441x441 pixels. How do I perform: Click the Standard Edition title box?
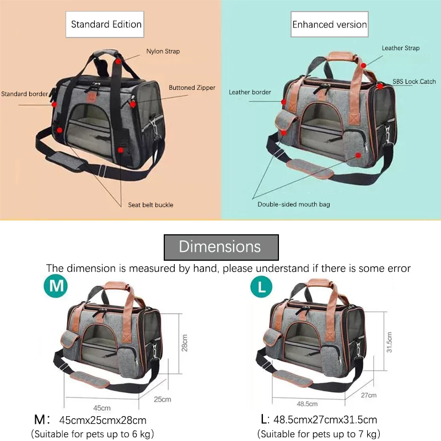point(106,24)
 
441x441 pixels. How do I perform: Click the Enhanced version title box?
point(329,24)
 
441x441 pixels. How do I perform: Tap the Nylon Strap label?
point(163,52)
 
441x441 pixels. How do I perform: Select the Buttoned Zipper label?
point(192,88)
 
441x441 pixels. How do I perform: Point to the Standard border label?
point(25,94)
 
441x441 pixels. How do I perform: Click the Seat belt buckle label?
point(150,205)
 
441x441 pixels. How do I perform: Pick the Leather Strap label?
point(401,49)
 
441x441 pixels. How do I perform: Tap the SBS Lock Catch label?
point(414,82)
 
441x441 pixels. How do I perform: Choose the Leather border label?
point(250,92)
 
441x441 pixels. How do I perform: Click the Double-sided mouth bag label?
point(294,205)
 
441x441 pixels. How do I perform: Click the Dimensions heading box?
point(220,246)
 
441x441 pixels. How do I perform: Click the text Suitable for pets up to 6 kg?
point(93,434)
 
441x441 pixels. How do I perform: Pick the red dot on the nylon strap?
point(118,61)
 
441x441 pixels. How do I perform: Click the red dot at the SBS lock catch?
point(380,86)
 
